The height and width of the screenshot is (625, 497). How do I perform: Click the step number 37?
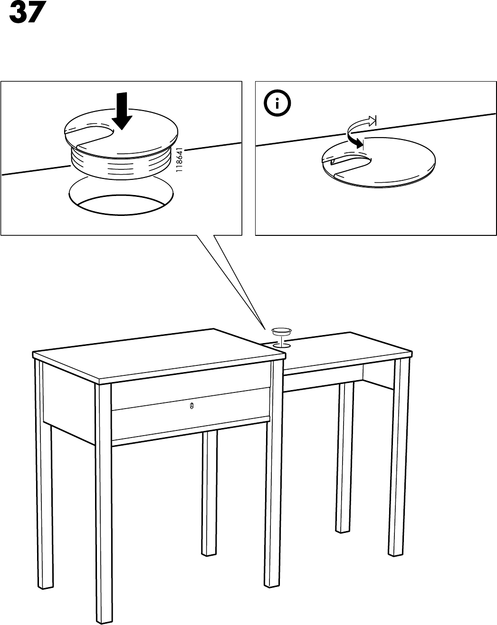tap(28, 12)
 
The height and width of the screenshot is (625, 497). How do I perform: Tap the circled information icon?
tap(277, 103)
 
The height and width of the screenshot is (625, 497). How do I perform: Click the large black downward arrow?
tap(122, 111)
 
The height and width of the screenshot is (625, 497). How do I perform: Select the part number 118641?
tap(180, 159)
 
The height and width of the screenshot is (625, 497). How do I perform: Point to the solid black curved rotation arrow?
tap(354, 140)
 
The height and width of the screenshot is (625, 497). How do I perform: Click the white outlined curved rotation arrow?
tap(361, 123)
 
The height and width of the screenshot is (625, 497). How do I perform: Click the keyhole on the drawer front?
tap(191, 406)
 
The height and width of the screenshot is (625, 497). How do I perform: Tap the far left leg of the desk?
tap(44, 474)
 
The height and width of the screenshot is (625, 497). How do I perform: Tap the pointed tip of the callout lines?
tap(265, 329)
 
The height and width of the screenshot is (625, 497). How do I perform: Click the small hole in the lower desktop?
tap(281, 345)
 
